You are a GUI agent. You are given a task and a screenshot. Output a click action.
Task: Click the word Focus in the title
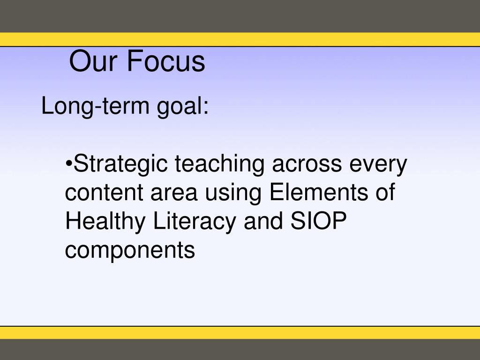[x=165, y=61]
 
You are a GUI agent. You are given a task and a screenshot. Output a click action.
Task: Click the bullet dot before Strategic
[x=68, y=165]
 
